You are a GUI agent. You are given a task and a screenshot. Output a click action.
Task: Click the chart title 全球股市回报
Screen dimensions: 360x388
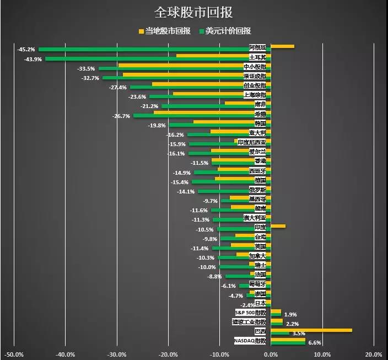(x=193, y=12)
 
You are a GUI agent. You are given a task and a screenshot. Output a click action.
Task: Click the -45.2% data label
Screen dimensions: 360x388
(x=26, y=50)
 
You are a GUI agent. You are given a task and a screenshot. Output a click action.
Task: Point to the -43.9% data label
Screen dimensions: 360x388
(x=33, y=59)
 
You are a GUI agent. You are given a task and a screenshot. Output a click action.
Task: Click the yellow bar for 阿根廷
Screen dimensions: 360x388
(x=282, y=46)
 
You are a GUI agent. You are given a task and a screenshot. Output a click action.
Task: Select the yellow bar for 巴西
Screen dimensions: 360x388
(x=311, y=330)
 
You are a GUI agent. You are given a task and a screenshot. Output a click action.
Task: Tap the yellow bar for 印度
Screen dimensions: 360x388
(x=278, y=226)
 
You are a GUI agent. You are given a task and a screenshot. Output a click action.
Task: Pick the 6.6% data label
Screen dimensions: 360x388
(x=314, y=343)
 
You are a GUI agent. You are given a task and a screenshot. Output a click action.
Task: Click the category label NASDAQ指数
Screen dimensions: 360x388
(x=250, y=341)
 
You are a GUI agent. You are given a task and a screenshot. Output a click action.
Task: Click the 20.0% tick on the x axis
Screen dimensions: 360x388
(x=373, y=354)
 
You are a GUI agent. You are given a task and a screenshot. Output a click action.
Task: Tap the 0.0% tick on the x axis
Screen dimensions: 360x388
(x=271, y=354)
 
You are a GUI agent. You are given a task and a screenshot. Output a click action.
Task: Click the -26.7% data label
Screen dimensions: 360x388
(x=121, y=116)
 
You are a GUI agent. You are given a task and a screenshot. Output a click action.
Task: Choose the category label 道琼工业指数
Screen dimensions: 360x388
(x=249, y=322)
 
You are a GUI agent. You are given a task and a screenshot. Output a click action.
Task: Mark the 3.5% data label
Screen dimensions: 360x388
(x=299, y=334)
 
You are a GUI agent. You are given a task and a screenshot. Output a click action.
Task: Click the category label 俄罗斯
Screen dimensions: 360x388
(x=257, y=190)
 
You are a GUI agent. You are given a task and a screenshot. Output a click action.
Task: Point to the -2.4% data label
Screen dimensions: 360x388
(x=248, y=305)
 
